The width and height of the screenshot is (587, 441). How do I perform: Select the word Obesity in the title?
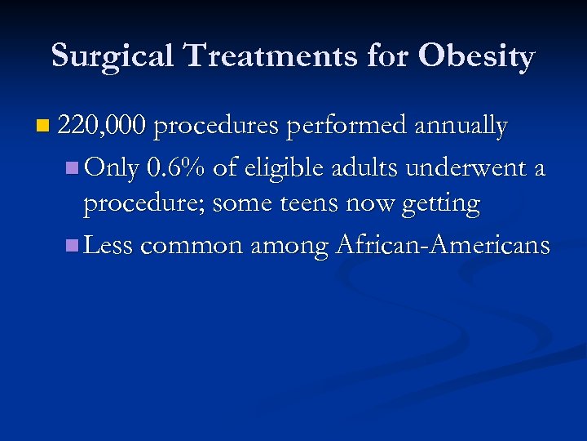pos(477,56)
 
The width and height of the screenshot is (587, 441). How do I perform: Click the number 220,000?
pos(103,127)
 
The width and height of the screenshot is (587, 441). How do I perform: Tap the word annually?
pos(461,127)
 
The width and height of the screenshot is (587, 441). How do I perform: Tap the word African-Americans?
pos(444,245)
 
